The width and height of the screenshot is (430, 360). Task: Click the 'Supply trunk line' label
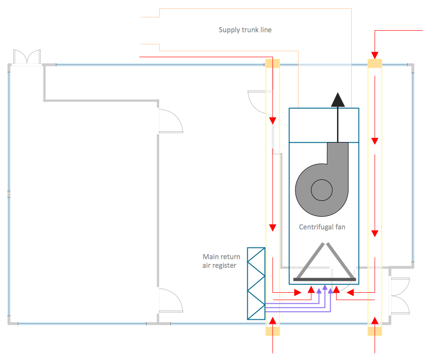pos(245,30)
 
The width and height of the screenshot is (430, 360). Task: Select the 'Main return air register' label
pos(221,261)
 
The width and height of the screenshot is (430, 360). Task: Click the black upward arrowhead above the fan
pos(338,100)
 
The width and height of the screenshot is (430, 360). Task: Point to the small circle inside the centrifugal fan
pos(322,189)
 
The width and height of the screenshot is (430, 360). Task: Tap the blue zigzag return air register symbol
pos(256,283)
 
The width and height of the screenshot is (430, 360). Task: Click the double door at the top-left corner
pos(27,57)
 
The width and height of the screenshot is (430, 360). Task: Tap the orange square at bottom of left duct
pos(273,330)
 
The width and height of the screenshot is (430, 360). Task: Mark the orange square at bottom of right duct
pos(375,330)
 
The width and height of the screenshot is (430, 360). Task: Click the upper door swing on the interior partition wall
pos(170,120)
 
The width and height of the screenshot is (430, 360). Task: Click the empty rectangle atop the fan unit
pos(324,125)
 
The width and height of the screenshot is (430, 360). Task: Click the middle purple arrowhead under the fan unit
pos(325,288)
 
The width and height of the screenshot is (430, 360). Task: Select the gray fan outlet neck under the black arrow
pos(338,153)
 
